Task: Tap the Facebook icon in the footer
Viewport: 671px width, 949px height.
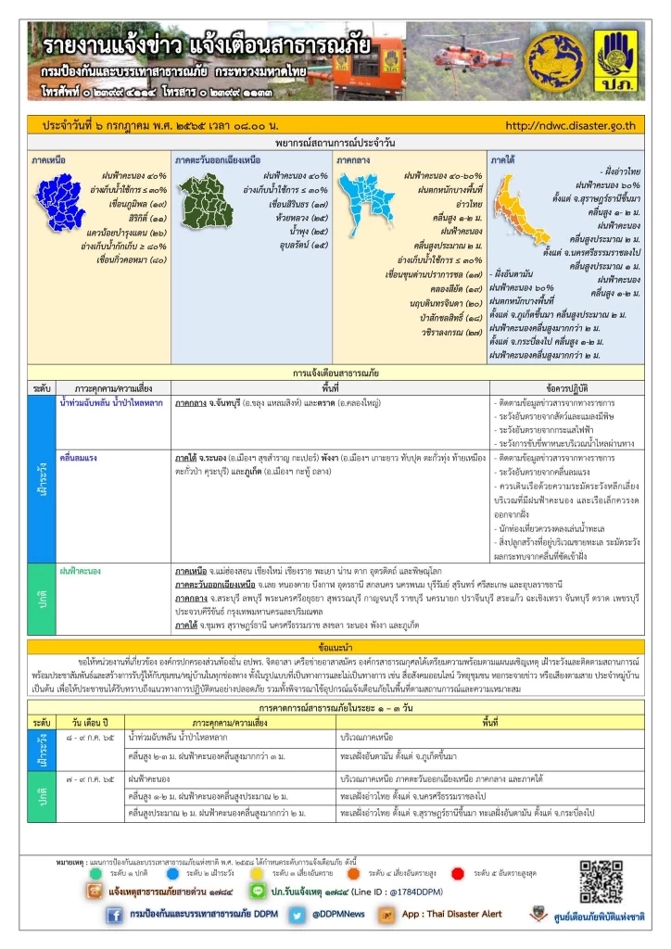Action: pos(115,915)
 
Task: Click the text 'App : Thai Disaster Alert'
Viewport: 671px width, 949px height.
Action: pos(451,915)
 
